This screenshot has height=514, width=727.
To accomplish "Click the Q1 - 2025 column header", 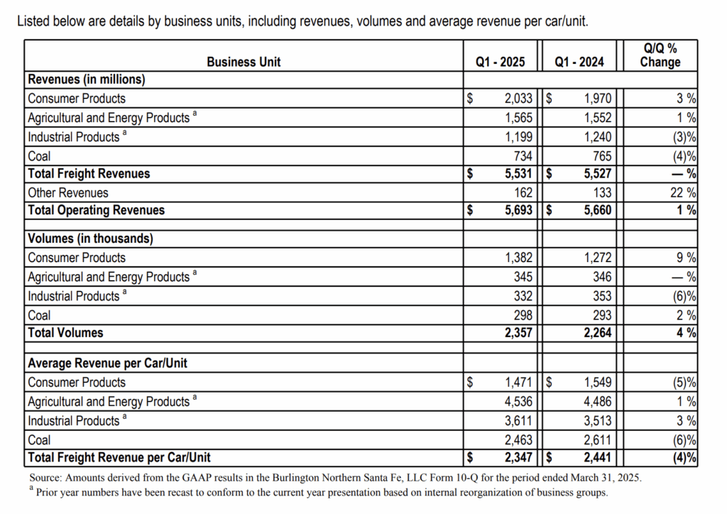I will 500,62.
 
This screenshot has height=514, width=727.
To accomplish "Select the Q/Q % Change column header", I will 660,55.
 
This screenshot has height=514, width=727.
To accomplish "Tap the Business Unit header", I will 244,62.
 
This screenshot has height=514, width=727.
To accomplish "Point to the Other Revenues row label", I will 68,192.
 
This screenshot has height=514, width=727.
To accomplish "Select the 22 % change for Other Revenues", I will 683,192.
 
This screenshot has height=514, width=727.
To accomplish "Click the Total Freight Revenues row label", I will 89,173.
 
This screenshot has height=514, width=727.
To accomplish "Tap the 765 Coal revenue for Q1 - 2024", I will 601,155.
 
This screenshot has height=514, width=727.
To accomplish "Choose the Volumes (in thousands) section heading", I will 90,239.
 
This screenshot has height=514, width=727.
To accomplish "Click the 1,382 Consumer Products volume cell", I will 518,258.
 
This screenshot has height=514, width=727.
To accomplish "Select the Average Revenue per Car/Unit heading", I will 107,363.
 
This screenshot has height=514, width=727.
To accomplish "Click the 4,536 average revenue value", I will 518,401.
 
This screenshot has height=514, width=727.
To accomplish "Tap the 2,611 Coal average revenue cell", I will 597,439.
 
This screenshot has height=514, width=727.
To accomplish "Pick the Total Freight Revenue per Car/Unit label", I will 119,457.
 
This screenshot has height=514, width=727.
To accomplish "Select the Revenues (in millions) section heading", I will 86,80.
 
